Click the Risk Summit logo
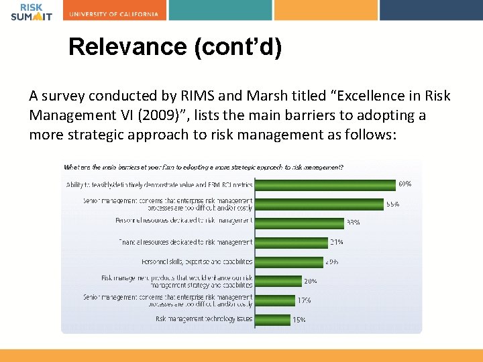coord(31,11)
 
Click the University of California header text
coord(113,14)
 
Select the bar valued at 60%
coord(325,184)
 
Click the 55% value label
coord(392,204)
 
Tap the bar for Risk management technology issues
coord(272,319)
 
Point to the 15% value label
coord(299,320)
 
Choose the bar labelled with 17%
coord(274,300)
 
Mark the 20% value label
coord(310,281)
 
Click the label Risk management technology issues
coord(204,319)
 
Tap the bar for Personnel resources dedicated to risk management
coord(299,223)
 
